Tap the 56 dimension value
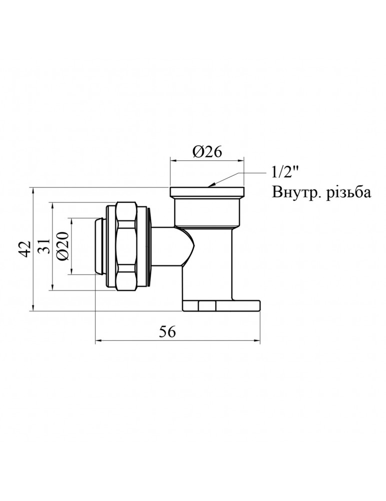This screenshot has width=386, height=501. (168, 332)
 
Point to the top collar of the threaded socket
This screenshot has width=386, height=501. (207, 192)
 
